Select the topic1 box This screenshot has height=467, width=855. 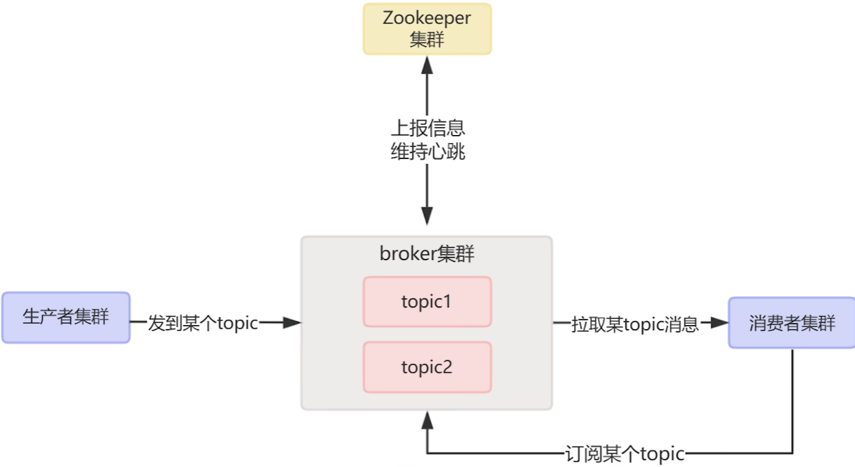tap(427, 302)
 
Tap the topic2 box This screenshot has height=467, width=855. tap(427, 367)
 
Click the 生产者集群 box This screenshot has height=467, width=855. tap(65, 317)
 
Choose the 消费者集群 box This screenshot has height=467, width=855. tap(792, 323)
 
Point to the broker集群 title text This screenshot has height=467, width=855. tap(427, 254)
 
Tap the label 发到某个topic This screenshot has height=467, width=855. tap(203, 323)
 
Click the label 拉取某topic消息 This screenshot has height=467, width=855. tap(635, 324)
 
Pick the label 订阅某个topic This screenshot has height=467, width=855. tap(625, 454)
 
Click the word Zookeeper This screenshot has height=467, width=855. tap(427, 18)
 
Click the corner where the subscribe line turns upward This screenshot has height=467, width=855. tap(428, 453)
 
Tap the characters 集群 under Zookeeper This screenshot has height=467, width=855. tap(427, 40)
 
